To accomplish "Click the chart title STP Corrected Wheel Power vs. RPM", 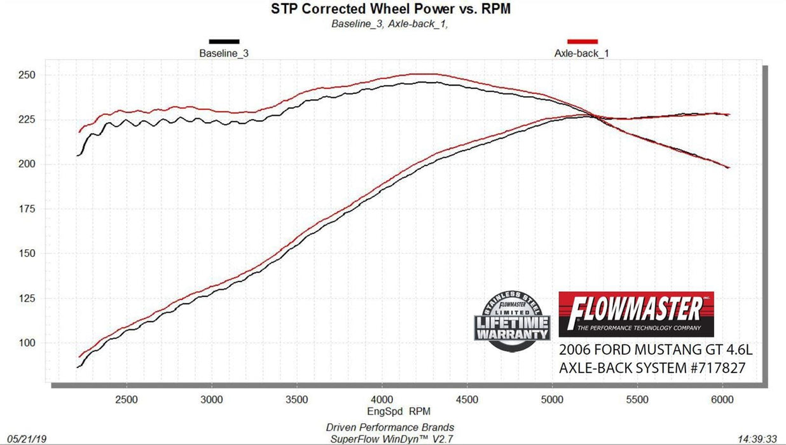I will click(x=391, y=9).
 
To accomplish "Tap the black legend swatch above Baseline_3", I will click(x=224, y=41).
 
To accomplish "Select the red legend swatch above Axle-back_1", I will click(x=581, y=41).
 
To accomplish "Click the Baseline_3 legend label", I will click(x=224, y=53).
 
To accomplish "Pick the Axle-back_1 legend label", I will click(x=581, y=53).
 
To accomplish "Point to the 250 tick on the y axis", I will click(x=30, y=75).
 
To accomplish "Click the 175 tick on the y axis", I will click(x=30, y=209).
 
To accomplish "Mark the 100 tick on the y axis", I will click(x=30, y=343).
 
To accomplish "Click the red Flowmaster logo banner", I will click(x=636, y=314).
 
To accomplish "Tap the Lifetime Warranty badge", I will click(x=511, y=321).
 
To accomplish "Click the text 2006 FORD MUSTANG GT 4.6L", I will click(x=655, y=350).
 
